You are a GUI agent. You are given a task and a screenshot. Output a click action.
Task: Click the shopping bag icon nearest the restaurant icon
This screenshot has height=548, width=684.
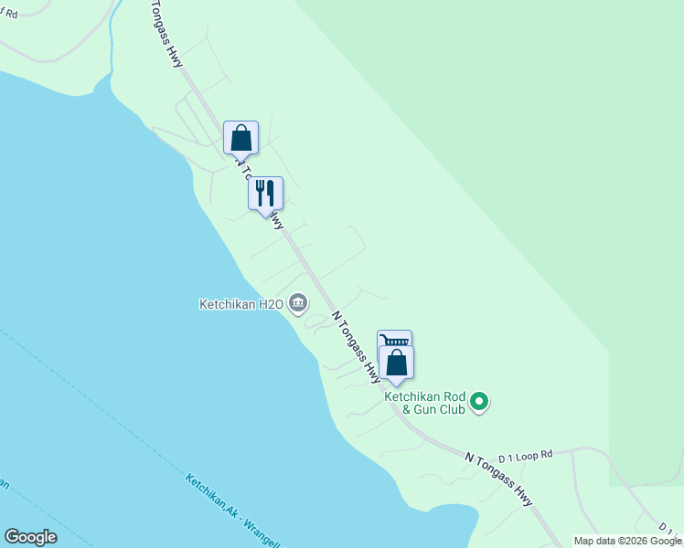click(x=240, y=138)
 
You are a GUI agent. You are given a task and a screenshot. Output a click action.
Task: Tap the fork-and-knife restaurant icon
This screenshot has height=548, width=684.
click(x=265, y=194)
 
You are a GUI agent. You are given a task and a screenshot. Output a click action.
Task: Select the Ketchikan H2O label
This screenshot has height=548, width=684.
click(x=241, y=304)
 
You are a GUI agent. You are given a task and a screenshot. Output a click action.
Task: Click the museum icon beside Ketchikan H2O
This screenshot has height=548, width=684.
click(x=298, y=303)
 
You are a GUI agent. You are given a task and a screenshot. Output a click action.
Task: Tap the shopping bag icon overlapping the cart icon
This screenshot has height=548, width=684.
click(x=396, y=363)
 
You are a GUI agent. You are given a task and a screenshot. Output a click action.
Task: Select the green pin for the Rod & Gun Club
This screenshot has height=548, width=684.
click(x=478, y=401)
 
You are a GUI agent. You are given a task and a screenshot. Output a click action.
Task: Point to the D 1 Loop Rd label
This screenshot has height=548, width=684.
click(x=526, y=454)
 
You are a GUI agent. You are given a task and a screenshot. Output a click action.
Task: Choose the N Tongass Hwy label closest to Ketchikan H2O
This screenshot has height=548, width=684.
click(x=356, y=346)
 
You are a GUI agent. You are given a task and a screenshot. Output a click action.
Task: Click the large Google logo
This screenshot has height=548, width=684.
click(x=30, y=537)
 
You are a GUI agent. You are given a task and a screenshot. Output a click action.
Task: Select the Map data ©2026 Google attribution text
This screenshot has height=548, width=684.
click(x=628, y=541)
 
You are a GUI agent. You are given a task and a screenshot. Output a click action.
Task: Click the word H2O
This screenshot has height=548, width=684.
click(x=269, y=304)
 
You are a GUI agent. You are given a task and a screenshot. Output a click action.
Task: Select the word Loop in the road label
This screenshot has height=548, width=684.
click(x=528, y=454)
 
